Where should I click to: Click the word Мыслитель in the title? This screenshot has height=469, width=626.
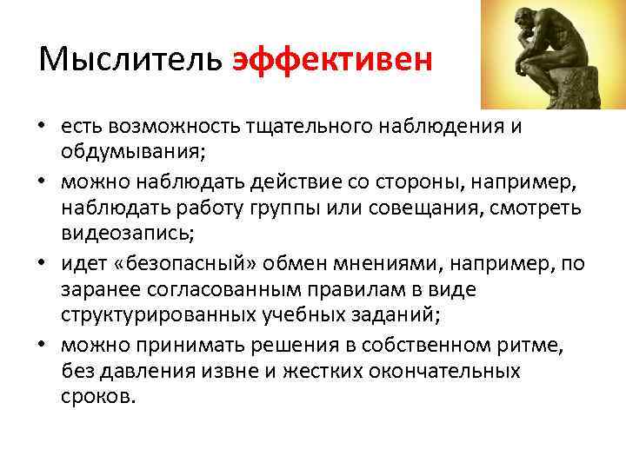tap(130, 60)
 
